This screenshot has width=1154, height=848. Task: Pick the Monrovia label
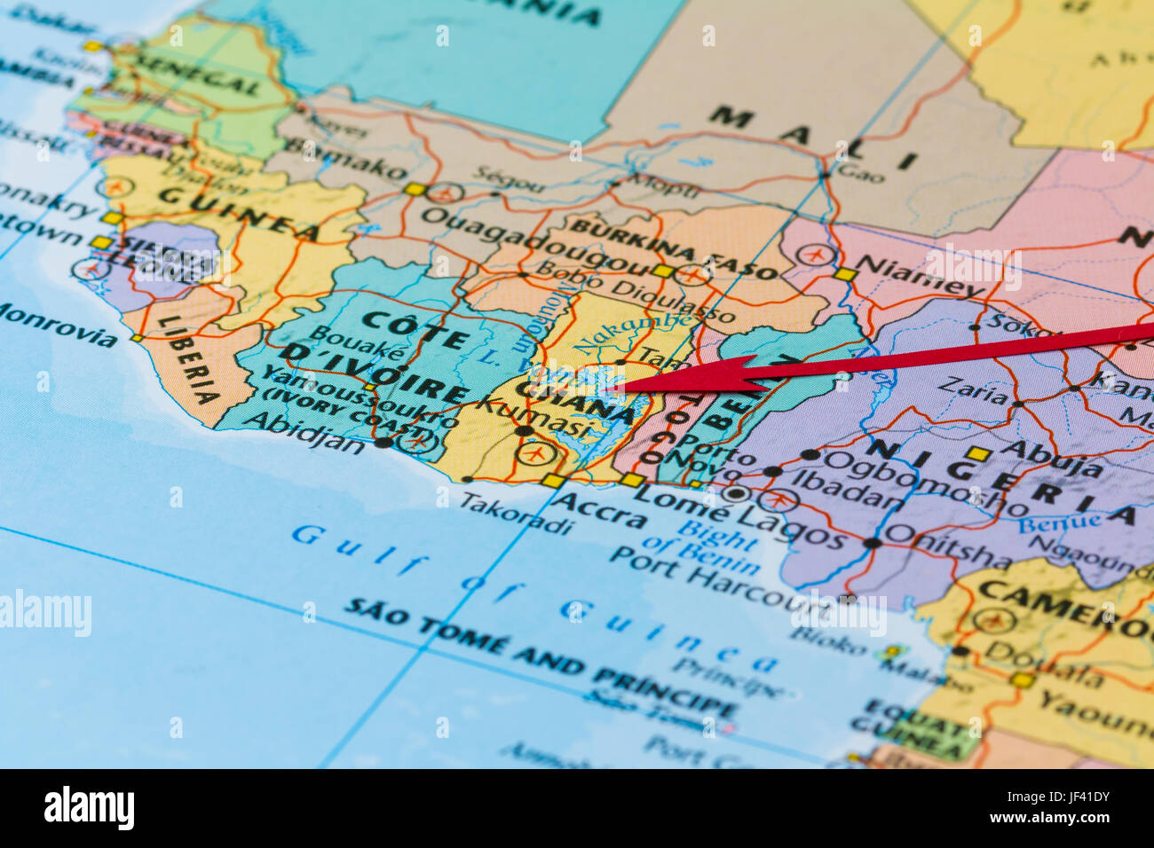(x=57, y=326)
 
